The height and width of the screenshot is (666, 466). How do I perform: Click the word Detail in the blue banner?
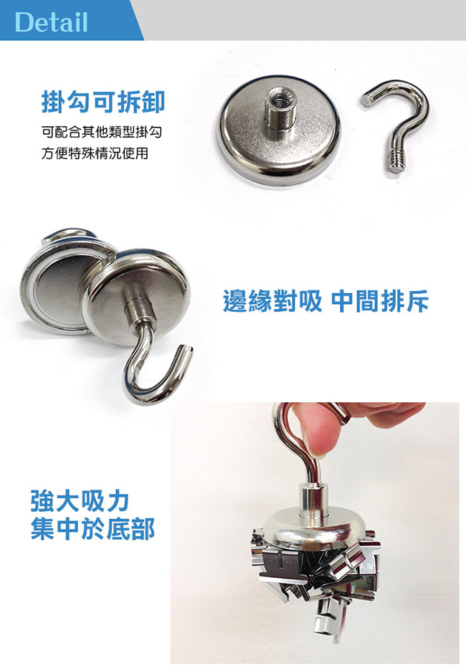click(51, 22)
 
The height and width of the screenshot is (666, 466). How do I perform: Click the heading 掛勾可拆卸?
click(103, 102)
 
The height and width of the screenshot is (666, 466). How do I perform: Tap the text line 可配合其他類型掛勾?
click(102, 132)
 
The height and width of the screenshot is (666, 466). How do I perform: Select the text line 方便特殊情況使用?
click(95, 153)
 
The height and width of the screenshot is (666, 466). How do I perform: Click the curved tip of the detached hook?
click(368, 99)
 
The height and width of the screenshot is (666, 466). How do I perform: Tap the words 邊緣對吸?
click(272, 301)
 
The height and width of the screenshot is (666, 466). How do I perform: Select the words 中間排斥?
click(380, 301)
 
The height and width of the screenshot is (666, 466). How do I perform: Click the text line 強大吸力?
click(80, 501)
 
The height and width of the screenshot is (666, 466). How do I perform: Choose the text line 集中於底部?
click(92, 529)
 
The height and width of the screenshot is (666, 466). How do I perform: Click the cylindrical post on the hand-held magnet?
click(313, 500)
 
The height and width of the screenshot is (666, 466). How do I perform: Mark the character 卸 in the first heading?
click(153, 102)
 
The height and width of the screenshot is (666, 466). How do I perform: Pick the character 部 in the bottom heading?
click(143, 529)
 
